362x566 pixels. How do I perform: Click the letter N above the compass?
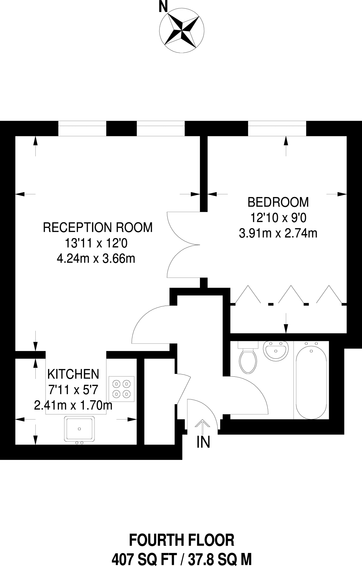[163, 7]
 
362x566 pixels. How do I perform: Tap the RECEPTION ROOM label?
[98, 227]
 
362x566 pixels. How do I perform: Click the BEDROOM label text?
[278, 202]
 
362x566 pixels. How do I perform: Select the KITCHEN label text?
[73, 374]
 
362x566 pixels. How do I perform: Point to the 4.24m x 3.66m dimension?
[96, 259]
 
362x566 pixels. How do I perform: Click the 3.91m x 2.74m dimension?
[278, 234]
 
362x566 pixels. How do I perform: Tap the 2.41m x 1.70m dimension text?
[73, 406]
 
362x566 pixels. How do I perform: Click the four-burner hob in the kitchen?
[121, 389]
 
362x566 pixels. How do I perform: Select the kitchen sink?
[79, 429]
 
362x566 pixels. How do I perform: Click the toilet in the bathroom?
[248, 359]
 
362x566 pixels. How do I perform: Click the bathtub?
[311, 381]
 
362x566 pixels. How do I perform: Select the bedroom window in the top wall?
[277, 129]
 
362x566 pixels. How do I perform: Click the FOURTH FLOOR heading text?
[182, 540]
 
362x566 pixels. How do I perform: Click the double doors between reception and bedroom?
[183, 245]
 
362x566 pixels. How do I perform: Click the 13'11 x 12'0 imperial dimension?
[96, 243]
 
